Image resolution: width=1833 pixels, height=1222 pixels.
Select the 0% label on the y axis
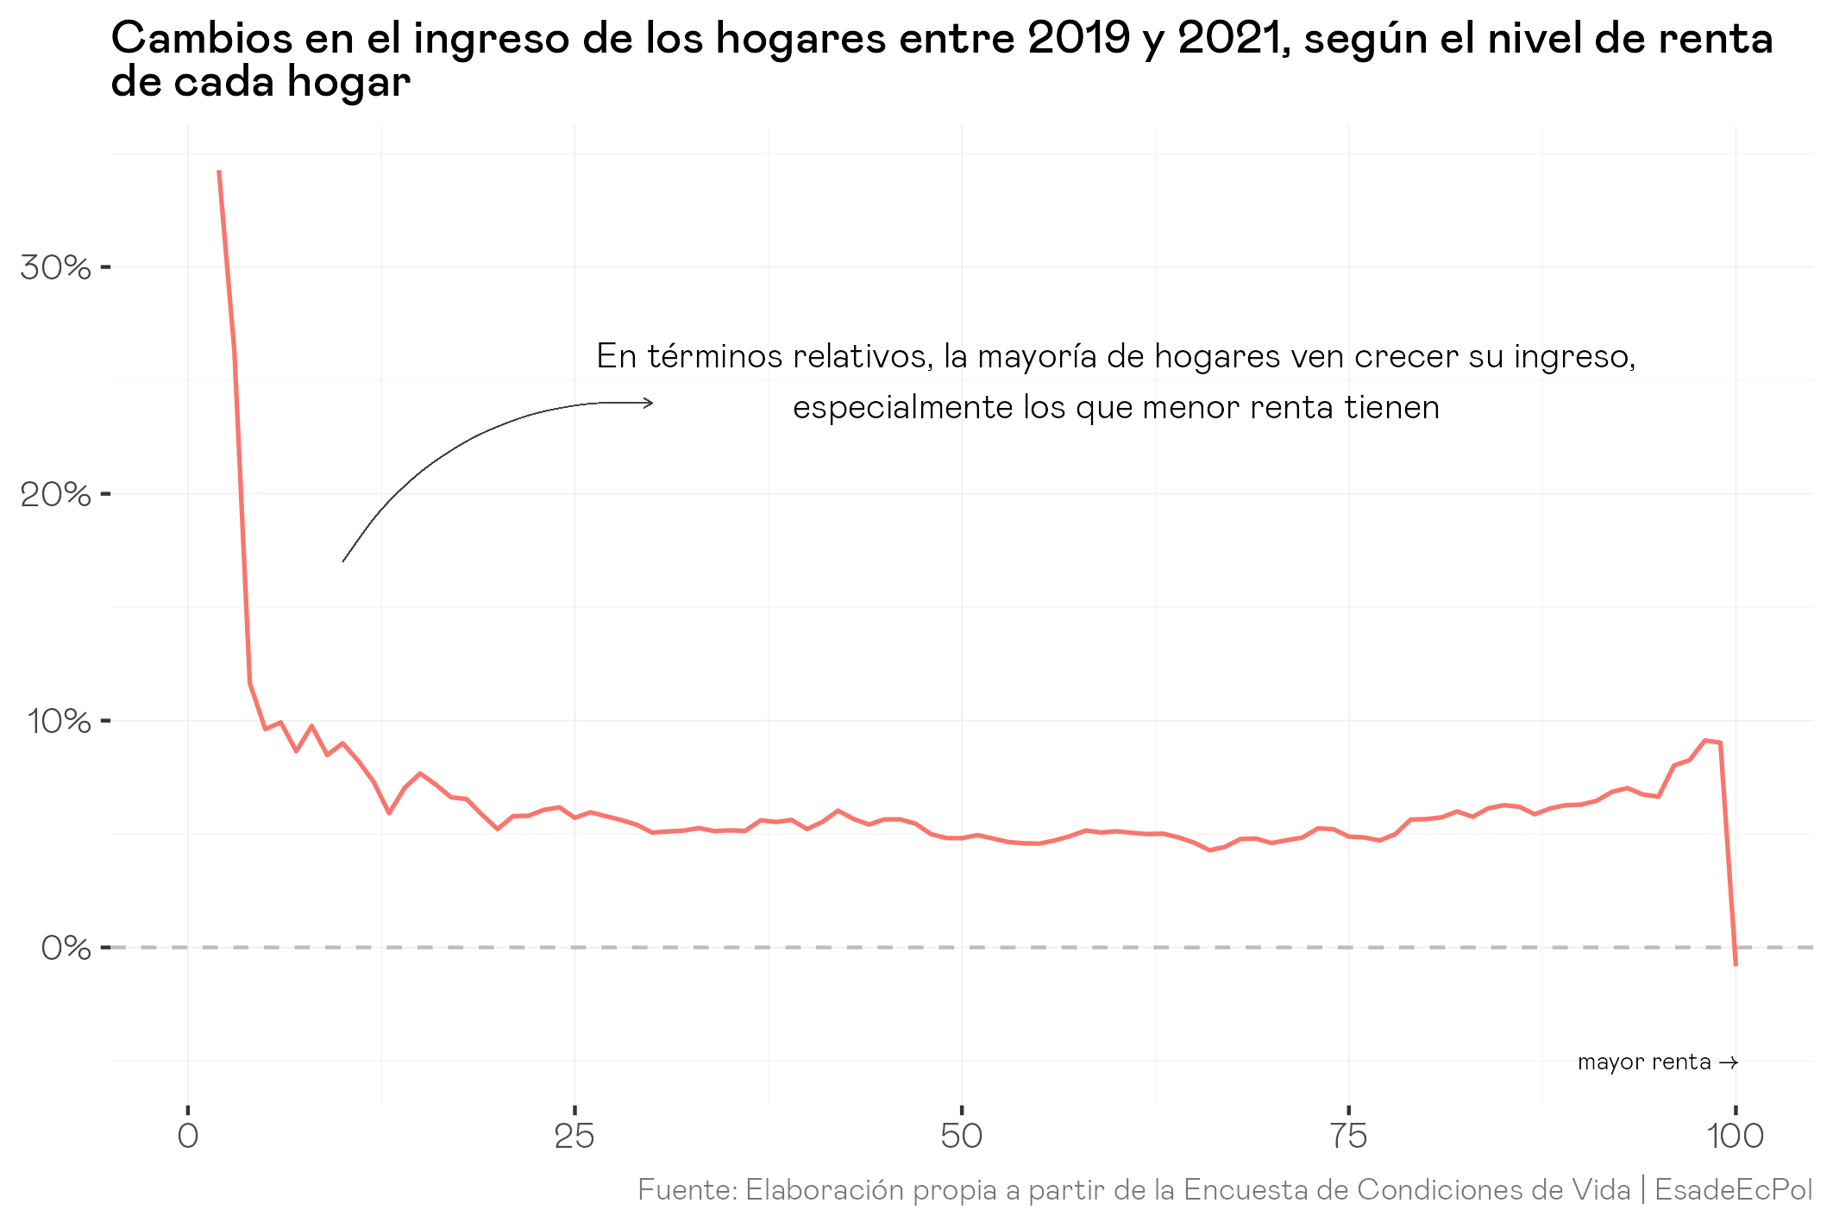pyautogui.click(x=66, y=949)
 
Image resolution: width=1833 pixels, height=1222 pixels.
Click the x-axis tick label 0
pyautogui.click(x=187, y=1136)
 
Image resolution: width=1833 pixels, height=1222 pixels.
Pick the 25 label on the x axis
pyautogui.click(x=574, y=1136)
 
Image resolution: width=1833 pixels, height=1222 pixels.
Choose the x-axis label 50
pyautogui.click(x=961, y=1136)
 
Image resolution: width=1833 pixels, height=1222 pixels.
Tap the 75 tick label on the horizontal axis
pyautogui.click(x=1348, y=1136)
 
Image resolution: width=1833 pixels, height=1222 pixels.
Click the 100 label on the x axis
pyautogui.click(x=1735, y=1136)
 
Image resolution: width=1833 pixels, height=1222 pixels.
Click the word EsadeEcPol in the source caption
pyautogui.click(x=1733, y=1190)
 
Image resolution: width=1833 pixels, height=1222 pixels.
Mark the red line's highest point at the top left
pyautogui.click(x=219, y=172)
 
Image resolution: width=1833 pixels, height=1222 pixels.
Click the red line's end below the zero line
pyautogui.click(x=1736, y=964)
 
